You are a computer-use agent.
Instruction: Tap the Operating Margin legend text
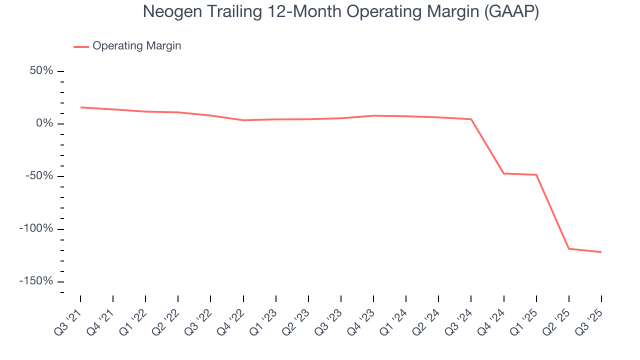tap(136, 46)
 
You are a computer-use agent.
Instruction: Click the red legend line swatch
tap(81, 46)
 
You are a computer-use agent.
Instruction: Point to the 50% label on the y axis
tap(41, 70)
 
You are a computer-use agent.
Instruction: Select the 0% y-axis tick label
tap(45, 123)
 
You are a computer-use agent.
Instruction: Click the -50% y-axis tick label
tap(39, 176)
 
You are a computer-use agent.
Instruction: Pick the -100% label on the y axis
tap(36, 228)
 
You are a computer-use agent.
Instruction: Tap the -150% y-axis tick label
tap(36, 281)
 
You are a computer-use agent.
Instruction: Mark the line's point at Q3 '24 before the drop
tap(471, 119)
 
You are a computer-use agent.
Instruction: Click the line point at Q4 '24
tap(503, 173)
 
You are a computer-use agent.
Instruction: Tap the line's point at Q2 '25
tap(568, 248)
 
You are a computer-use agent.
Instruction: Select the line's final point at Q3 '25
tap(601, 252)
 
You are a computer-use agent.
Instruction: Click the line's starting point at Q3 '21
tap(80, 107)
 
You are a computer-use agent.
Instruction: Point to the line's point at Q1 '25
tap(536, 174)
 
